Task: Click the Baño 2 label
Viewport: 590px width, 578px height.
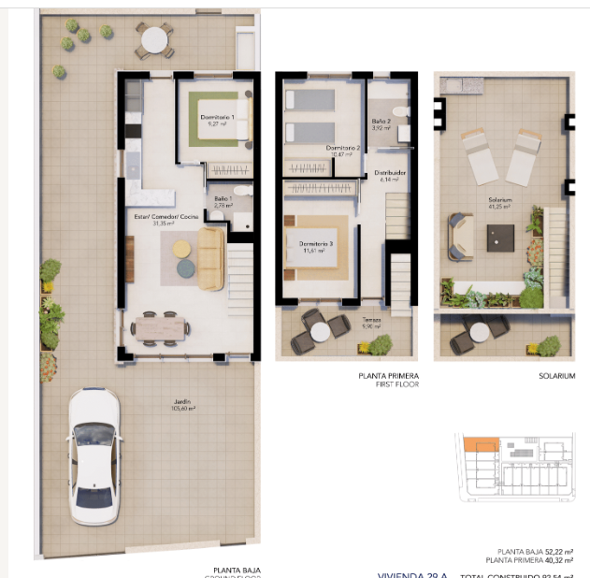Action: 381,123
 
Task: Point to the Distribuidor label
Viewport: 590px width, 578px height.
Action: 390,175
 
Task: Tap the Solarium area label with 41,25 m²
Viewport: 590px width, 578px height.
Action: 499,202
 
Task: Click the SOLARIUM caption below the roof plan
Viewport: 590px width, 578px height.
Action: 556,376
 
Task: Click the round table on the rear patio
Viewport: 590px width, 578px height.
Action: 152,40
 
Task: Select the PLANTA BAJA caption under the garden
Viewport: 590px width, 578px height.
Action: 237,570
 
